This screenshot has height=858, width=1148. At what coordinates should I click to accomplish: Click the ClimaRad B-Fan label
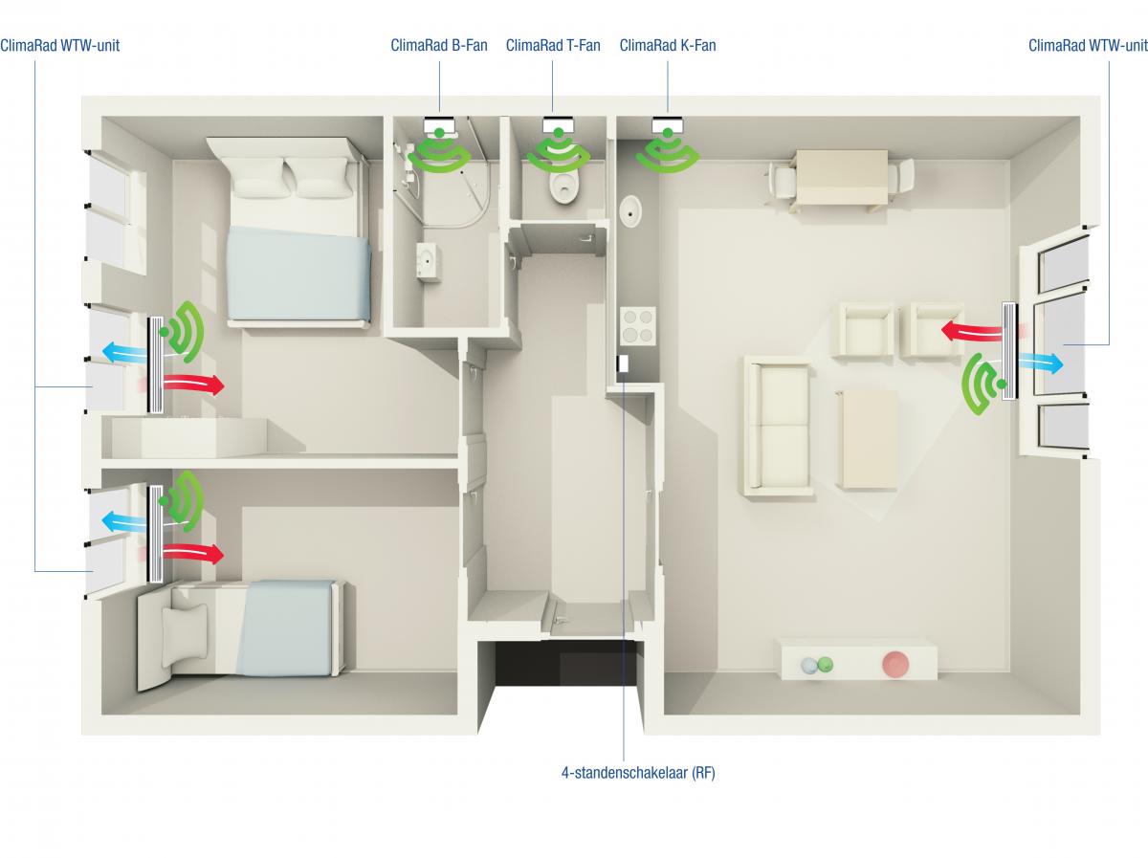[439, 46]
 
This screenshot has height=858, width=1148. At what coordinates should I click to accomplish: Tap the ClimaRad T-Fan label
[553, 46]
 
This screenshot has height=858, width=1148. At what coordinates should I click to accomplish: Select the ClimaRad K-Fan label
[668, 46]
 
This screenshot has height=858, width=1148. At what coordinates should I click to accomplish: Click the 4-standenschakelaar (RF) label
[638, 772]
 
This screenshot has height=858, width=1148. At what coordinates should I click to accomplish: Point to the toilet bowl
[563, 187]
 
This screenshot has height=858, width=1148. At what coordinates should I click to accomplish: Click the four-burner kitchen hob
[637, 326]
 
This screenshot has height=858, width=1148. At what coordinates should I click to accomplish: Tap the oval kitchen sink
[630, 211]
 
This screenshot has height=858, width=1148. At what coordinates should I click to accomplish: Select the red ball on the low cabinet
[894, 664]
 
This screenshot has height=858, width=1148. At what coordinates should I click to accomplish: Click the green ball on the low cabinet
[825, 664]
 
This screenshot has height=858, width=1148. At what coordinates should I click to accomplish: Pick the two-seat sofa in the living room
[778, 425]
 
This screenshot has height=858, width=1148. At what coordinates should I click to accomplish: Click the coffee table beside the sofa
[866, 440]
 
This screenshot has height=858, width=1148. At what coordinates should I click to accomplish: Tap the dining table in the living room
[842, 178]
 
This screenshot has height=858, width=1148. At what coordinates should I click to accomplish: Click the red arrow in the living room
[971, 332]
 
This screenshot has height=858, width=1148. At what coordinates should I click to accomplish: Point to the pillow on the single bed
[184, 636]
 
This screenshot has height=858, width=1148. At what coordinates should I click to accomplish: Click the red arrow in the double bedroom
[194, 384]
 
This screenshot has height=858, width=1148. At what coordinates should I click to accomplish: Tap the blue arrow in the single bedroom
[124, 522]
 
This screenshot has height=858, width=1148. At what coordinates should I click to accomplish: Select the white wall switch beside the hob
[623, 363]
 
